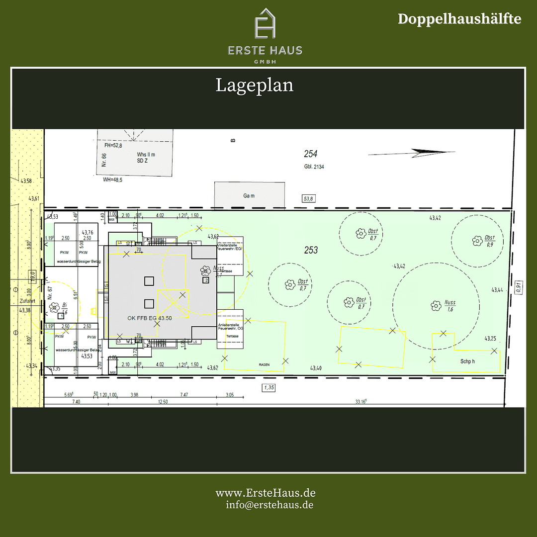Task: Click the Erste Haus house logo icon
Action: (x=265, y=23)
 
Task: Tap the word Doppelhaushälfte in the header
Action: (x=459, y=19)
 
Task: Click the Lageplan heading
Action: (x=255, y=85)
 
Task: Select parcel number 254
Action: (x=311, y=154)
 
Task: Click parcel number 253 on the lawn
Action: (x=311, y=250)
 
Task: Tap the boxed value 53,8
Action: (x=309, y=199)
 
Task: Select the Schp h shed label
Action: (x=467, y=361)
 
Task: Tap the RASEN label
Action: (x=264, y=364)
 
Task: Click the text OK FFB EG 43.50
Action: (x=150, y=318)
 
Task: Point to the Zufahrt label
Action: (x=26, y=301)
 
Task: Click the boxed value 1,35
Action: (x=269, y=387)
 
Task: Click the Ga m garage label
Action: (x=249, y=196)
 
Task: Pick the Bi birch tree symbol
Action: (x=53, y=307)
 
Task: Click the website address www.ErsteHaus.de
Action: (x=266, y=493)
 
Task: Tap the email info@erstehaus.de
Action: (x=269, y=505)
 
